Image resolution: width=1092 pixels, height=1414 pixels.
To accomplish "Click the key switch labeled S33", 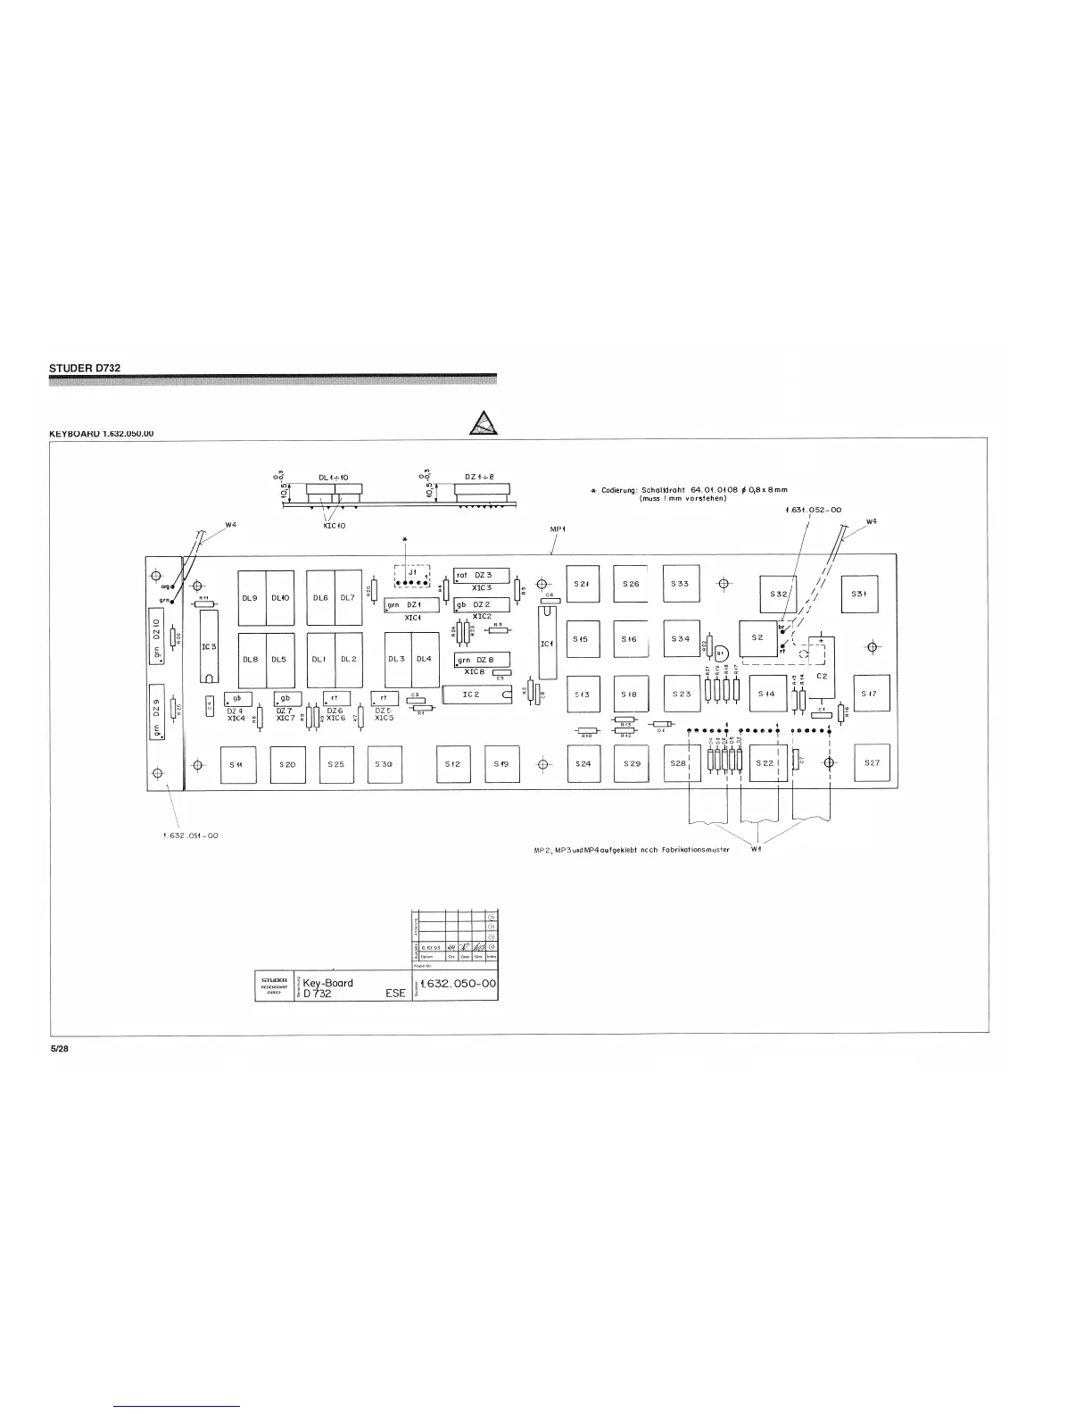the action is tap(681, 584).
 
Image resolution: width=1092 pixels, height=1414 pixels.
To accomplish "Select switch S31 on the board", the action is tap(859, 593).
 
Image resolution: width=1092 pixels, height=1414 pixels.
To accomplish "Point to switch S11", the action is tap(237, 765).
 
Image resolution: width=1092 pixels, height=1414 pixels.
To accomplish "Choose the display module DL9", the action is tap(251, 598).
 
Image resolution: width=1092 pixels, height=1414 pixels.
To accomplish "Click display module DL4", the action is tap(424, 659).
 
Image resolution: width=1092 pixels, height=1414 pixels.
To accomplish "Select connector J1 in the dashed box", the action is tap(411, 577).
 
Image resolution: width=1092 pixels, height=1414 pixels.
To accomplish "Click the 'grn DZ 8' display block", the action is tap(482, 660).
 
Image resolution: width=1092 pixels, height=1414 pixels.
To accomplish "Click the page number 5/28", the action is tap(60, 1050).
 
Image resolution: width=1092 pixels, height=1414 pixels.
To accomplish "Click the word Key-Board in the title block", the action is tap(328, 983).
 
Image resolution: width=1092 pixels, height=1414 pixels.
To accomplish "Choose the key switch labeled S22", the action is tap(765, 763).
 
